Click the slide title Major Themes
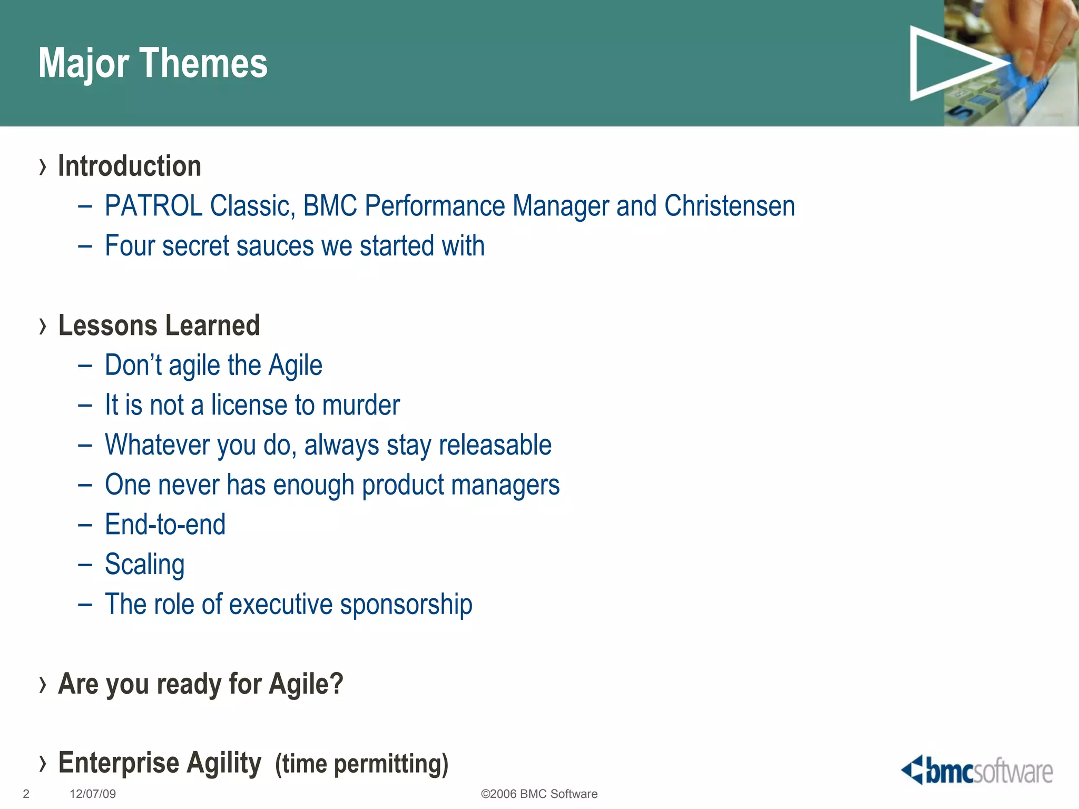[153, 63]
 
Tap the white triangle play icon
[948, 63]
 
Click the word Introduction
[130, 166]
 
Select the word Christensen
[729, 205]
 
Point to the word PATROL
[153, 205]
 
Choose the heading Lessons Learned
[159, 325]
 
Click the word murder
[361, 405]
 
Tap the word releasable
[495, 445]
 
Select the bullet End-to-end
[165, 525]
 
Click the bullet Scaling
[144, 565]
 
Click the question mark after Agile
[336, 684]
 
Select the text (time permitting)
[361, 764]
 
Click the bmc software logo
[977, 771]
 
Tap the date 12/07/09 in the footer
[93, 794]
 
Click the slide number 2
[26, 794]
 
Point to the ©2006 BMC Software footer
[539, 794]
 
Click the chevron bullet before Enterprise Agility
[43, 763]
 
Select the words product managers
[460, 485]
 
